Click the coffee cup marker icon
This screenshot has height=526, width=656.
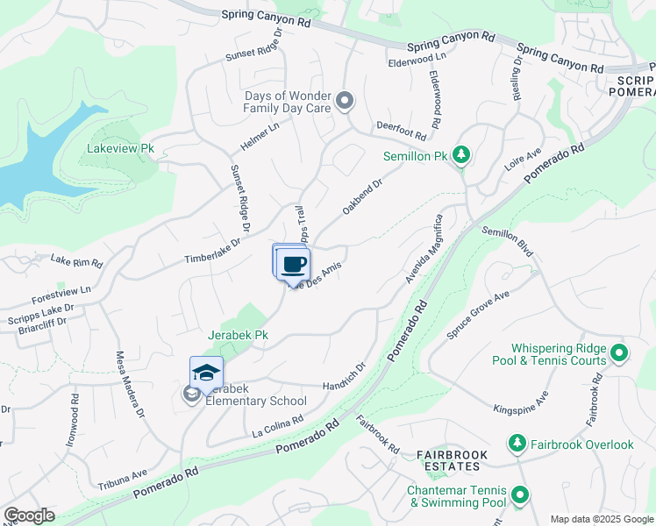(x=294, y=265)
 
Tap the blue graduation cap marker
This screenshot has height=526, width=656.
(x=206, y=373)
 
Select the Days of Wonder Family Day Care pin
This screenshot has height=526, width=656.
(x=345, y=102)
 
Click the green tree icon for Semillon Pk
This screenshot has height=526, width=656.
(x=461, y=156)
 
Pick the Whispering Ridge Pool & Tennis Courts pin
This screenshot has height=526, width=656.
(x=619, y=353)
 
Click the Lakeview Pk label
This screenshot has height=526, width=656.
(x=120, y=149)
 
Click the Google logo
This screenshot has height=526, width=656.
(x=28, y=515)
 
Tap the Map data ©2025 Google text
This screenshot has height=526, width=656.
(x=601, y=519)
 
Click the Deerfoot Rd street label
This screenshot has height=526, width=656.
(x=401, y=131)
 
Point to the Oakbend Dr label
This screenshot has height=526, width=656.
(x=363, y=199)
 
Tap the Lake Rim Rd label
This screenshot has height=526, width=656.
(x=76, y=261)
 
